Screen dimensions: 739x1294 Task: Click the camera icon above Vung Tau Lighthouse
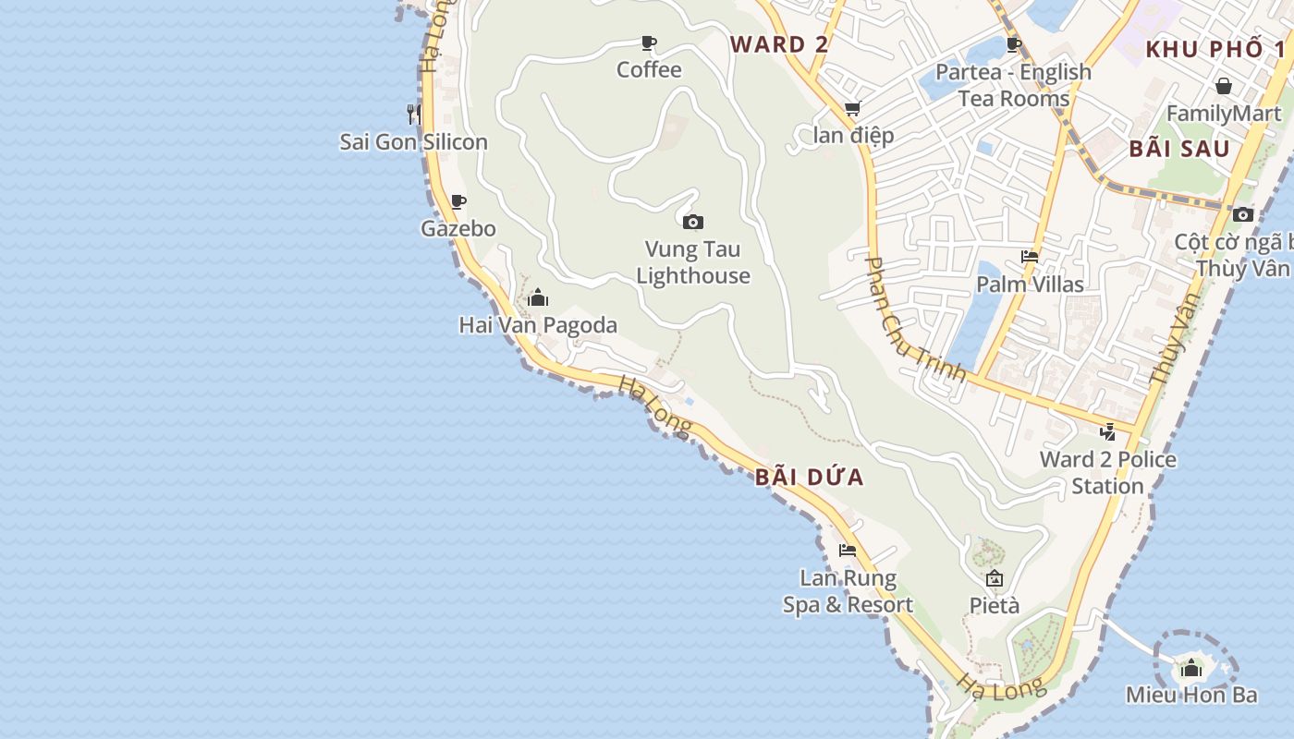(692, 222)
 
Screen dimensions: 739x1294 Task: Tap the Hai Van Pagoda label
(538, 325)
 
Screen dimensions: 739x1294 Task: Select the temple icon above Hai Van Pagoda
(538, 297)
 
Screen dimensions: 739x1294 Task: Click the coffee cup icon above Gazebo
(458, 201)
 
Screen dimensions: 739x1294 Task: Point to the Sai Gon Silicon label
(413, 142)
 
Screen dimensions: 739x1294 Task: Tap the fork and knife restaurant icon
(413, 114)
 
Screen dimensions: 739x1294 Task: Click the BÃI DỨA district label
(809, 478)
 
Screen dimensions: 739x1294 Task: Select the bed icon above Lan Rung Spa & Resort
(847, 551)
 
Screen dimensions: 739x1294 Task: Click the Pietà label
(995, 606)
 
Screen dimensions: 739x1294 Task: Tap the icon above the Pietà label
(995, 579)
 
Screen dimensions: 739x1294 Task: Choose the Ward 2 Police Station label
(1107, 472)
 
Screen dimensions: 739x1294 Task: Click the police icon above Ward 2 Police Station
(1107, 431)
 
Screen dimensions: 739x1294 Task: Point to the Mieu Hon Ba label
(1191, 695)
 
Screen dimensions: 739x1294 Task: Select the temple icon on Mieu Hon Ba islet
(1191, 667)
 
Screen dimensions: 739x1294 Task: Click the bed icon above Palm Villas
(1030, 257)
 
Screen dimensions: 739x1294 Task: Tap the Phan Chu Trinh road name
(914, 320)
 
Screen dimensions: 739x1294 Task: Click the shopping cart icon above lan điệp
(852, 109)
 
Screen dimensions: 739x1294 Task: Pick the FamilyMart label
(1225, 114)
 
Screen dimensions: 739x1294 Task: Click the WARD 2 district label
(779, 44)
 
